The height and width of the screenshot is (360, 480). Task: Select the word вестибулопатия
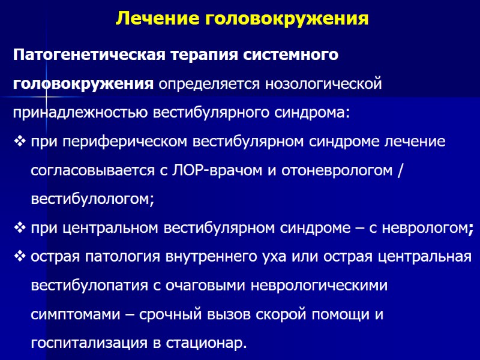(88, 286)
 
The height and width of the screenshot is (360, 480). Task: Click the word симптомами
(69, 314)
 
